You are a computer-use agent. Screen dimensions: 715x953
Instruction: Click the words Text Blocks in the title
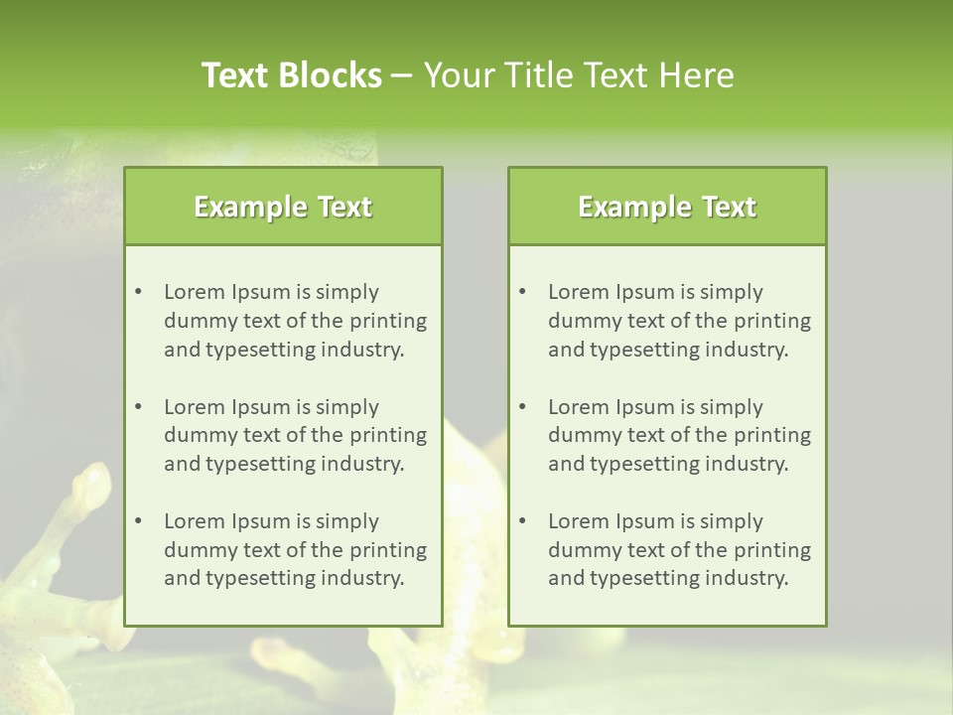(291, 75)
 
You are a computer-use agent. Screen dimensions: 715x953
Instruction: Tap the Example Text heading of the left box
(283, 207)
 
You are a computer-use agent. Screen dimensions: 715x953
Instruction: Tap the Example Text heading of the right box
(667, 207)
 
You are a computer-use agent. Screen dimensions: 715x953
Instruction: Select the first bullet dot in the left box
(138, 292)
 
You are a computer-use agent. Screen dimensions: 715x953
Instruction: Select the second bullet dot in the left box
(138, 407)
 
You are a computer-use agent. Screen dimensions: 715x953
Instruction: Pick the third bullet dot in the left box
(138, 521)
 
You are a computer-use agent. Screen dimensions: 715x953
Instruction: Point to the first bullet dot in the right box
(522, 292)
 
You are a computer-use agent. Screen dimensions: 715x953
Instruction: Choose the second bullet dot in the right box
(522, 407)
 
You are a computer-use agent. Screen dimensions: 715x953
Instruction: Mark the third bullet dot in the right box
(522, 521)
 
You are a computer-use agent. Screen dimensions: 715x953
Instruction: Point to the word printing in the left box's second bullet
(389, 435)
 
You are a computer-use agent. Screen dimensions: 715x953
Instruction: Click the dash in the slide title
(402, 75)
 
